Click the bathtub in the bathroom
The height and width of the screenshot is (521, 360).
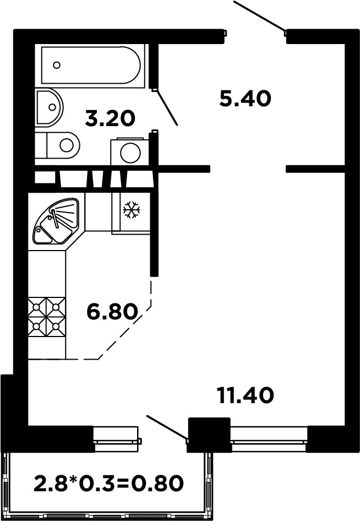click(91, 65)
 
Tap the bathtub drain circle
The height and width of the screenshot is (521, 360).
click(57, 65)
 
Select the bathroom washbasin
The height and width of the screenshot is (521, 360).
click(49, 107)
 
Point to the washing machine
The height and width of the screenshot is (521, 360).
click(130, 151)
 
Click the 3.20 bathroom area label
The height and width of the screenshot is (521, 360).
click(110, 118)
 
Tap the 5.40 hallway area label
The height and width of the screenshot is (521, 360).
click(245, 99)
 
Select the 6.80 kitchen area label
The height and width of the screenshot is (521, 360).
click(112, 312)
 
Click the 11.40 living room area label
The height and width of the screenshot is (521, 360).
click(245, 395)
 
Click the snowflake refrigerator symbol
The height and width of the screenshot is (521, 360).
click(132, 210)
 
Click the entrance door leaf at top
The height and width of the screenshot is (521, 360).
click(260, 17)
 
